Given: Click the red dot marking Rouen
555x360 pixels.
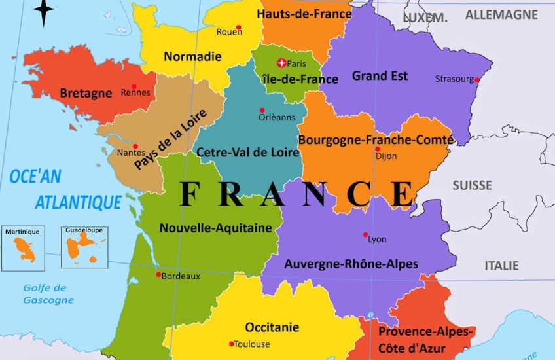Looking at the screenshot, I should click(238, 27).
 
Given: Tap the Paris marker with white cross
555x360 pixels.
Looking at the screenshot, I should click(281, 63).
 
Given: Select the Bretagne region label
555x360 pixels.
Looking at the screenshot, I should click(86, 93).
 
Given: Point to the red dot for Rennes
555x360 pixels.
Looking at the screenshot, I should click(134, 86).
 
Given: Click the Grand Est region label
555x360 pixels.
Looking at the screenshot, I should click(380, 76).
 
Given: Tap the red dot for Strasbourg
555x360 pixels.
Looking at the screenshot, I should click(477, 80).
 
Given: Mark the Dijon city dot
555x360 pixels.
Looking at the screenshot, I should click(377, 149).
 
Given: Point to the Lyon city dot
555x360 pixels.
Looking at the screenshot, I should click(365, 234).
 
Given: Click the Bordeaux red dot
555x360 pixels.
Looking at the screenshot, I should click(158, 274).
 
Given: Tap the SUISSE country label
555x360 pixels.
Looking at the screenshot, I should click(472, 186).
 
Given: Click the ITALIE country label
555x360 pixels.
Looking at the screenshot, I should click(501, 265).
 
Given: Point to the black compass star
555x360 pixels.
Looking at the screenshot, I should click(43, 12).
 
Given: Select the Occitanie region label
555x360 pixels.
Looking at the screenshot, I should click(272, 327).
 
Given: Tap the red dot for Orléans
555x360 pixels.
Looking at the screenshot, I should click(262, 110).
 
